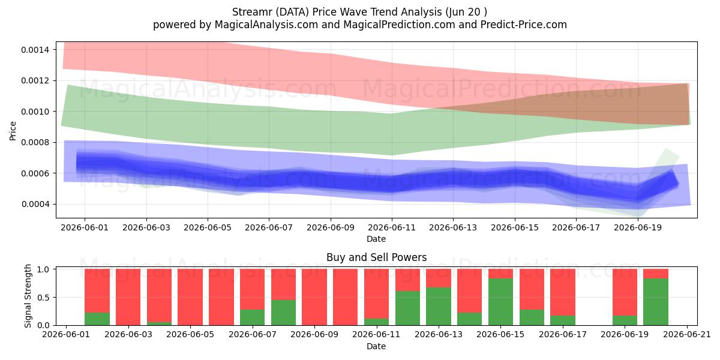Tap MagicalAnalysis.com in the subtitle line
(x=266, y=25)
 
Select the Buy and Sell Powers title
(x=376, y=257)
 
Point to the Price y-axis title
(x=13, y=131)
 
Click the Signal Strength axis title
(x=28, y=296)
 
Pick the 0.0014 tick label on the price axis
(x=35, y=50)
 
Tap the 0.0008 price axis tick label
(x=35, y=142)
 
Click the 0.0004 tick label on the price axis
(x=35, y=204)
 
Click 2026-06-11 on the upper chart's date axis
(x=392, y=227)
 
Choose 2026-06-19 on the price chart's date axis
(x=638, y=227)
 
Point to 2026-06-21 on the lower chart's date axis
(x=687, y=335)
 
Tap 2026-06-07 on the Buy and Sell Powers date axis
(x=253, y=335)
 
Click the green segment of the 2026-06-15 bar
(x=500, y=302)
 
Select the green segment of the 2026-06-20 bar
(x=656, y=302)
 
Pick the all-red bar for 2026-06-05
(x=190, y=297)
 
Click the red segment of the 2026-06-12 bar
(x=407, y=280)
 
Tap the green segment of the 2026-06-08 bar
(x=283, y=313)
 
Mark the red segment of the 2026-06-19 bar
(x=625, y=292)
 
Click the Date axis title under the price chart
(x=376, y=239)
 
